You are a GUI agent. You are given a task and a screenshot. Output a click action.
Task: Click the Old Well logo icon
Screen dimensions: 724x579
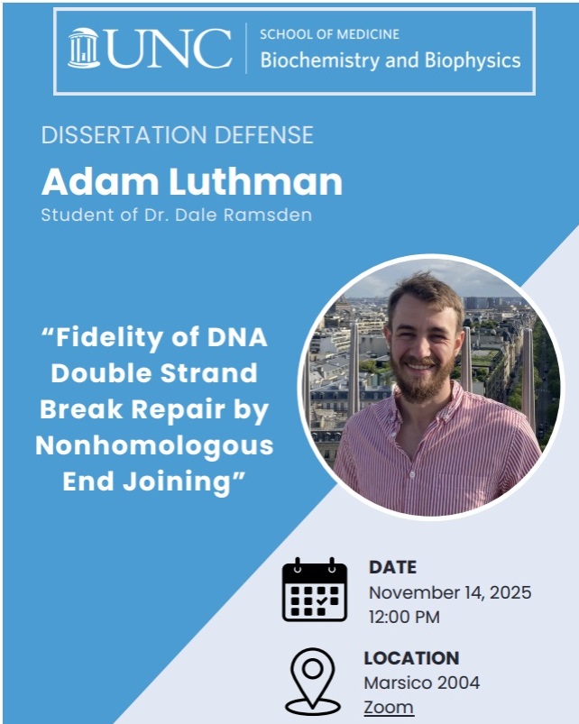click(84, 49)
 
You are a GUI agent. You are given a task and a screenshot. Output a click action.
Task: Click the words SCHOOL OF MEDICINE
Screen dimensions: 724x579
click(329, 34)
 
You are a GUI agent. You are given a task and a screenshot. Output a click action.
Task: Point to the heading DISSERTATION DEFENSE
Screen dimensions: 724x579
click(178, 135)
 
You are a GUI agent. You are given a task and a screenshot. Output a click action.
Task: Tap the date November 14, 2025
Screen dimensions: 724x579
click(450, 593)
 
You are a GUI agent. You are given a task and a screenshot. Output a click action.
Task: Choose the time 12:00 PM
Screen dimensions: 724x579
click(404, 618)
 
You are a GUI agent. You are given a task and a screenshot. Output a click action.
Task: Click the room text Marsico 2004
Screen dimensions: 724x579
click(421, 683)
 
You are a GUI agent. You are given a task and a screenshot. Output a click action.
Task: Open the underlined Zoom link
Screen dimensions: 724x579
click(389, 707)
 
